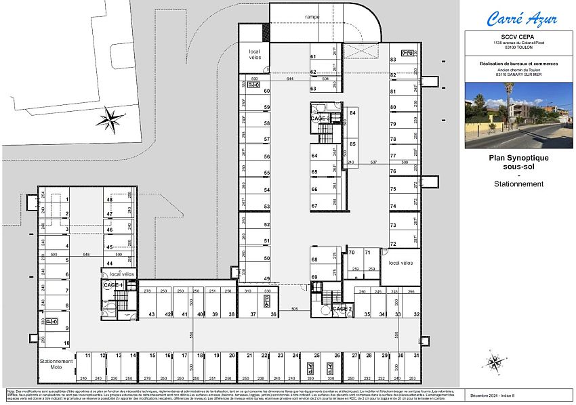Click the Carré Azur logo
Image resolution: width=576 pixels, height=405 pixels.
pos(518,18)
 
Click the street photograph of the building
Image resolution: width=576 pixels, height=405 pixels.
pos(518,115)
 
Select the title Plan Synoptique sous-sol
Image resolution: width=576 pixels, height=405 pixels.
pos(519,161)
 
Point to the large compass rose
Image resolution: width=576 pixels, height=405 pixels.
pos(108,121)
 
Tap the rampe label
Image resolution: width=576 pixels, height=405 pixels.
pos(312,16)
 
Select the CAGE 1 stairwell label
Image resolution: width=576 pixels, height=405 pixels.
pos(112,285)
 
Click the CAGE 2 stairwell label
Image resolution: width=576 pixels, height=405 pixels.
pos(342,309)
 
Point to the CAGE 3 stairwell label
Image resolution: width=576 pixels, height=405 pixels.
pos(320,119)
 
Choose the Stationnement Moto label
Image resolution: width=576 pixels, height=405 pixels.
pos(56,364)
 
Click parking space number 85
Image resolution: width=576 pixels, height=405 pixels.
pos(352,144)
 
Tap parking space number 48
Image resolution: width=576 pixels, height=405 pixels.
pos(109,200)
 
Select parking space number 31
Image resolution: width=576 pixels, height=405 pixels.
pos(417,355)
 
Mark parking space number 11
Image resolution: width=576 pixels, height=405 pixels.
pos(88,355)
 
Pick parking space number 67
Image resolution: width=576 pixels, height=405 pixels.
pos(314,206)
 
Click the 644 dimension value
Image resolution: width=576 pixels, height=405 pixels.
pos(290,79)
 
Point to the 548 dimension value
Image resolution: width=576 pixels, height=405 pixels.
pos(87,255)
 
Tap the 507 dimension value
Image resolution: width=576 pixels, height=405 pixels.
pos(373,163)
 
